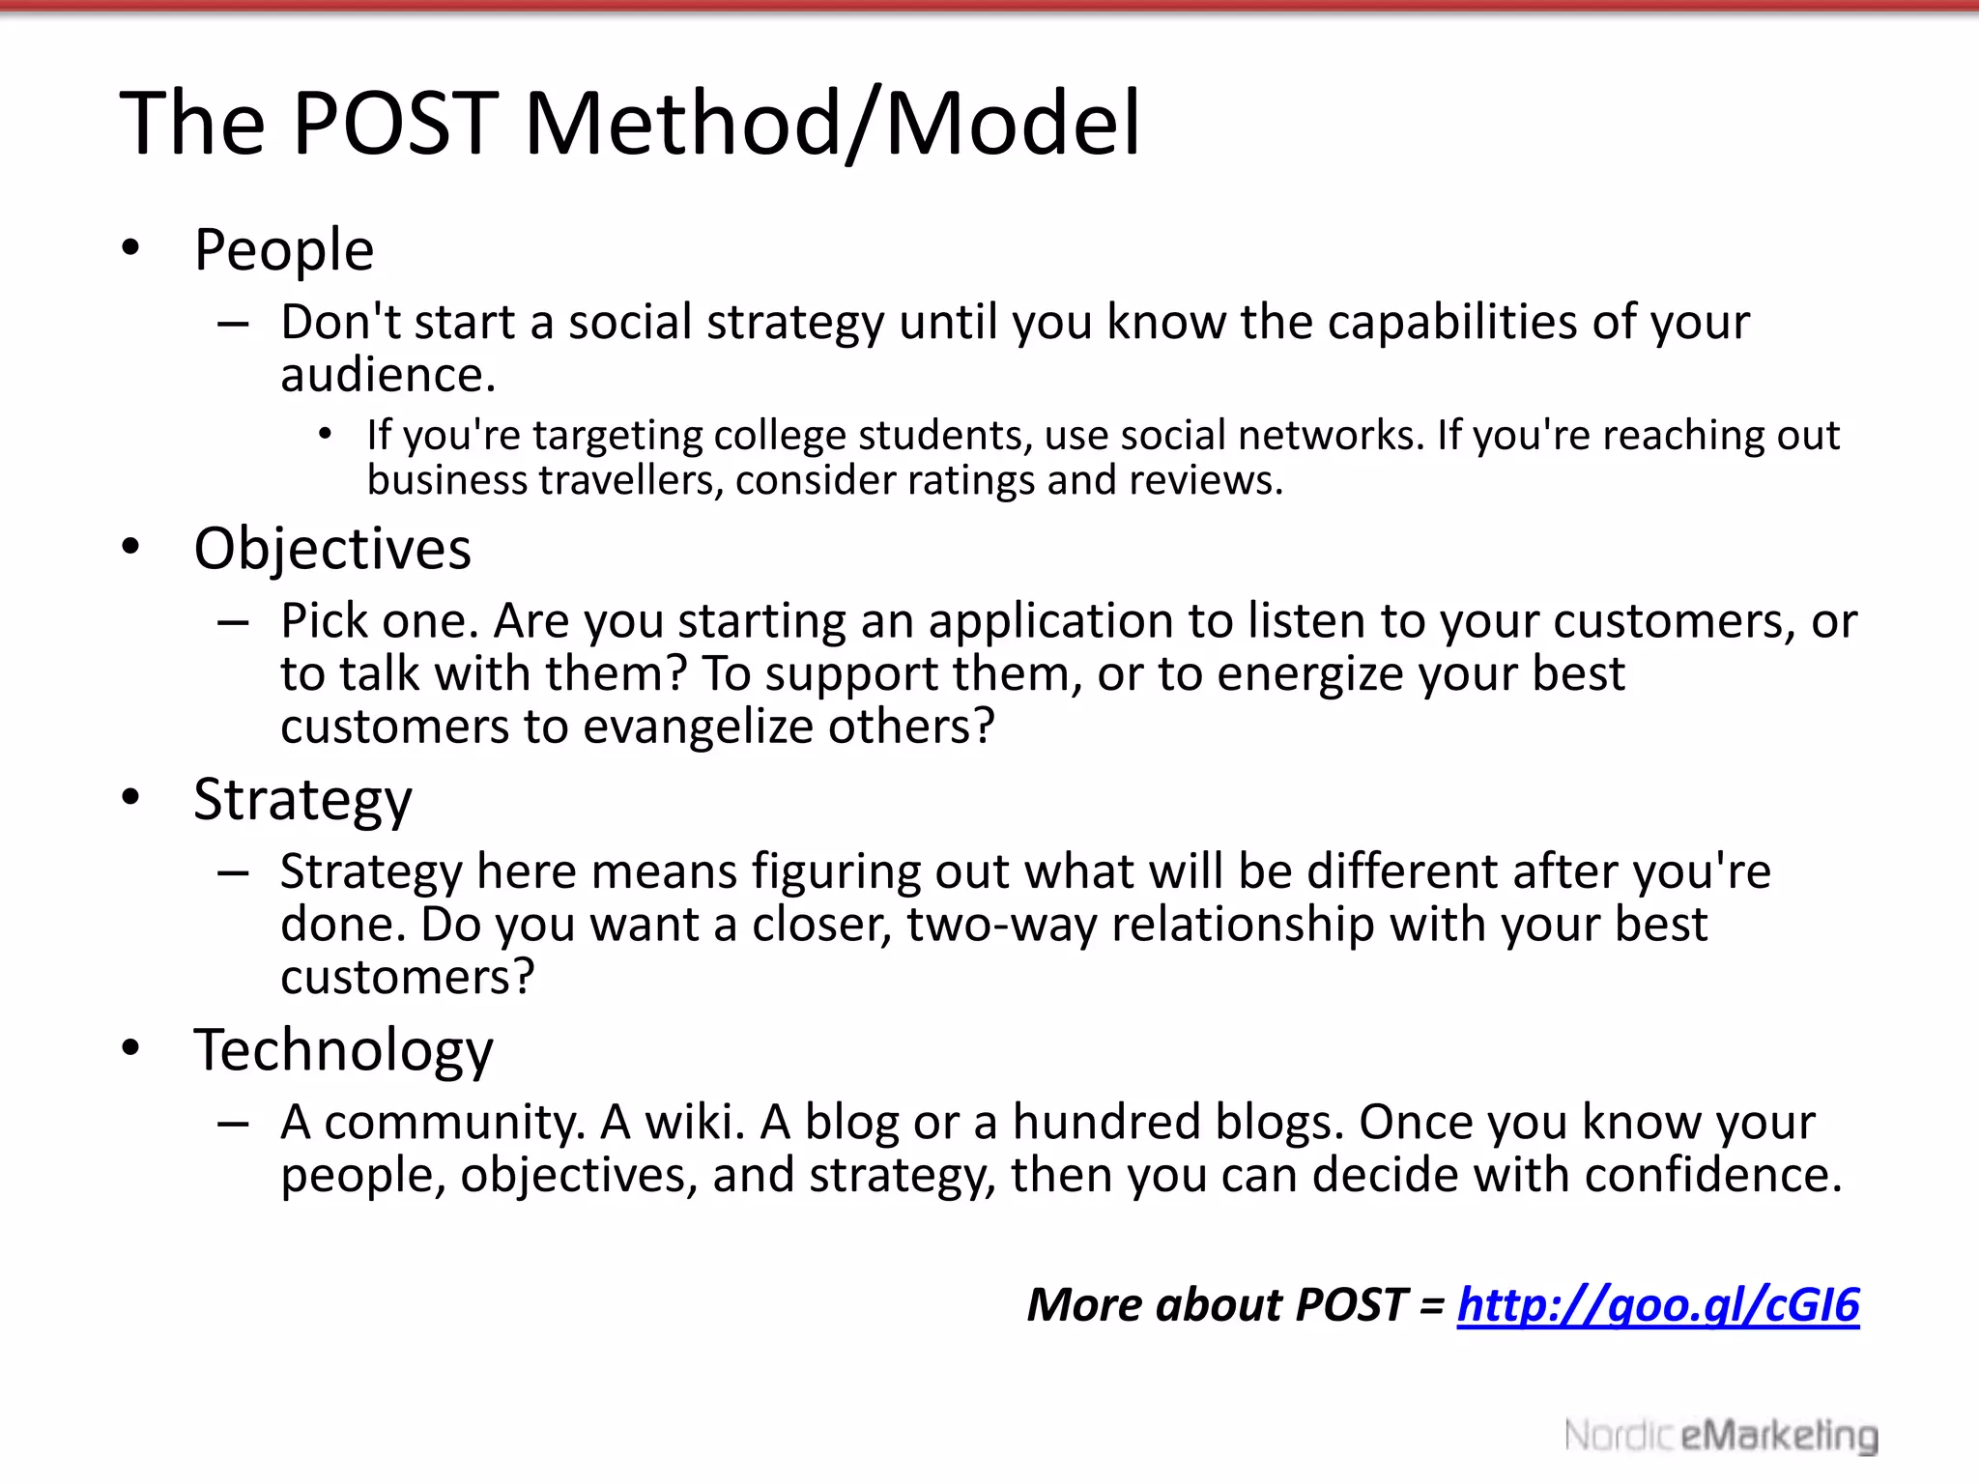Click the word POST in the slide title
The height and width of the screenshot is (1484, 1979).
click(395, 124)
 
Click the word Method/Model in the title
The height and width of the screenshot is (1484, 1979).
click(832, 124)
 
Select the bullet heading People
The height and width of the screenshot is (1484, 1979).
click(283, 250)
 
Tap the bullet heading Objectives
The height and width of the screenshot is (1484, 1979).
click(332, 549)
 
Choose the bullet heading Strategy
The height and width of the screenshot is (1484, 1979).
click(302, 800)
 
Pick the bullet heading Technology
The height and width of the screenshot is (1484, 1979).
click(343, 1050)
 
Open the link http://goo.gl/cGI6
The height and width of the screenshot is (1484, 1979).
click(1657, 1304)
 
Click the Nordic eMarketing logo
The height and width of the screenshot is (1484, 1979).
click(1721, 1436)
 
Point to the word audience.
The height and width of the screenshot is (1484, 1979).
click(387, 375)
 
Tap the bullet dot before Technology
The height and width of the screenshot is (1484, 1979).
click(131, 1048)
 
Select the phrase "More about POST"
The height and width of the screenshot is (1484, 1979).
click(1216, 1304)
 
